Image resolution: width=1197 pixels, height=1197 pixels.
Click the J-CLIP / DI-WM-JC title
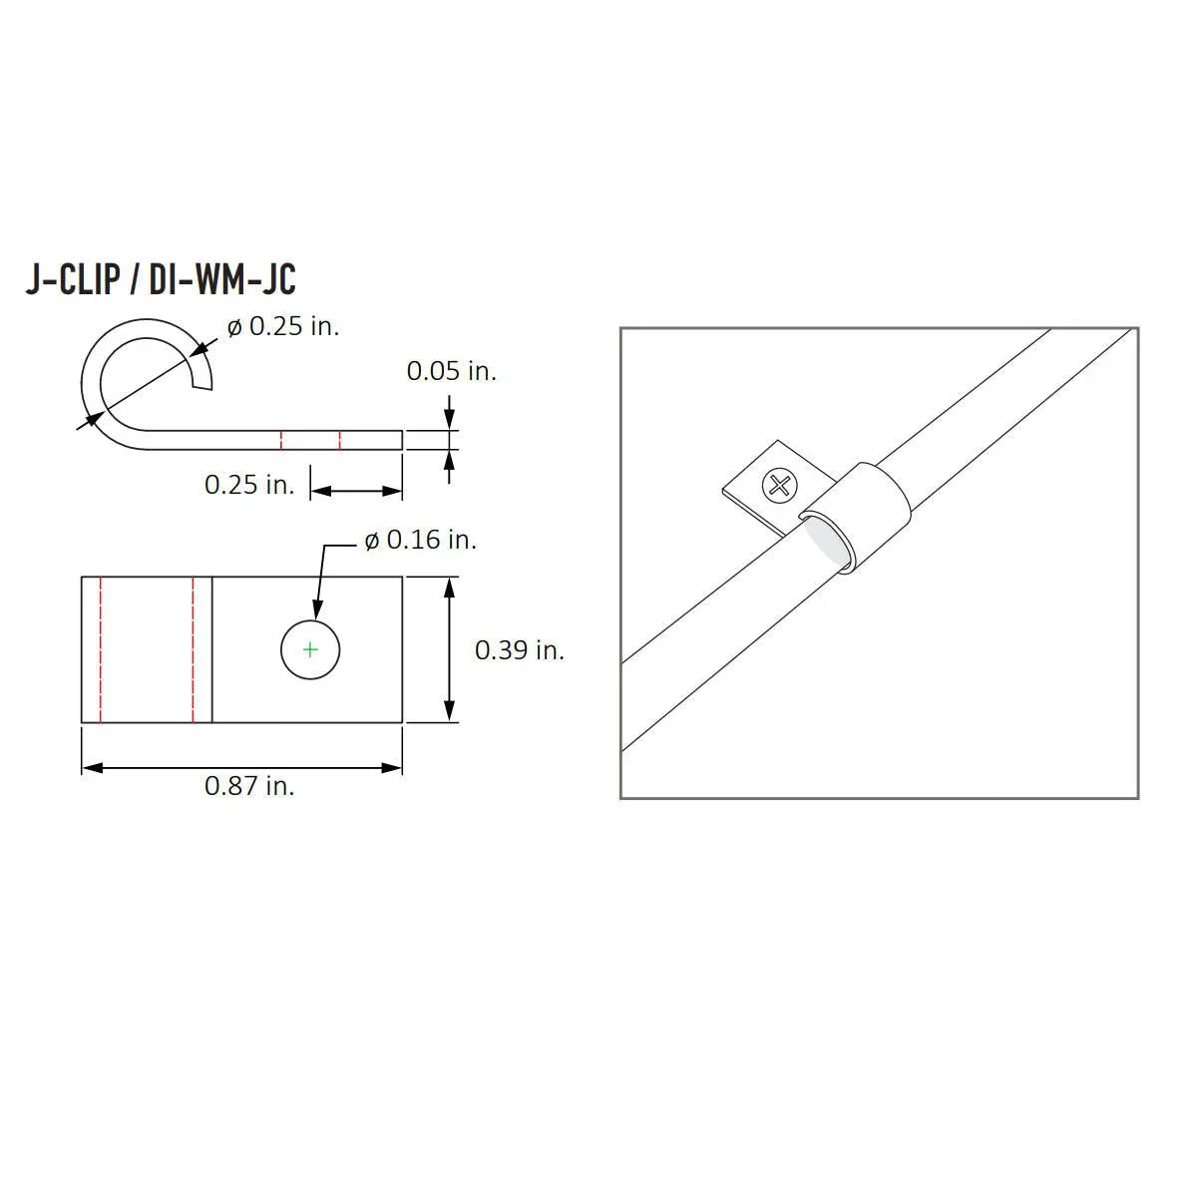161,280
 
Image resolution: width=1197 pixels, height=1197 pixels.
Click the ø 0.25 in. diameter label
283,326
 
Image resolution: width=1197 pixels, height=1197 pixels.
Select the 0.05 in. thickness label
451,371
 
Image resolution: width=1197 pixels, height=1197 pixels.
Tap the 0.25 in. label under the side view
249,485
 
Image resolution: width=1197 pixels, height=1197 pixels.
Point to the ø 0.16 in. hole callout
420,540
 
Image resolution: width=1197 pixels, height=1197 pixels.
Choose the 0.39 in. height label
519,650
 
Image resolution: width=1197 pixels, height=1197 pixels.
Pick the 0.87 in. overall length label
249,786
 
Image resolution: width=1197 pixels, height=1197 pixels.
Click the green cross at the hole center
310,650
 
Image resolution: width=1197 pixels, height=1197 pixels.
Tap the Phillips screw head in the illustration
780,487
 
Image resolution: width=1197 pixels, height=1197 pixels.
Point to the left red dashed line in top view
101,649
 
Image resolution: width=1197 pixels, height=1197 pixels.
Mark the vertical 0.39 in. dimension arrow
452,649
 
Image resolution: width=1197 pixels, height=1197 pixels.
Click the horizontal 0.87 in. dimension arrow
241,767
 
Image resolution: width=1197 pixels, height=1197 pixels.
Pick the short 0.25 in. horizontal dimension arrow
356,490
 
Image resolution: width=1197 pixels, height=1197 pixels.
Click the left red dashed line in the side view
281,440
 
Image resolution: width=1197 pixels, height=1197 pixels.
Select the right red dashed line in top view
194,649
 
